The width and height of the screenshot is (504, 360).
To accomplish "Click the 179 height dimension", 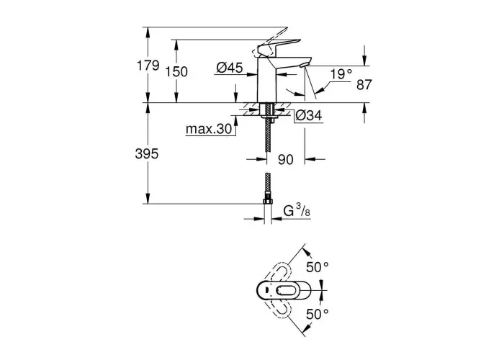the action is tap(148, 66).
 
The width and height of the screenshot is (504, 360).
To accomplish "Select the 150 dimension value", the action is tap(176, 72).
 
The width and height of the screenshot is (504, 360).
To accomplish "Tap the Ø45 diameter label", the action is tap(230, 68).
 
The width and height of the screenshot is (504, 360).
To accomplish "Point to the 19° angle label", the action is tap(342, 75).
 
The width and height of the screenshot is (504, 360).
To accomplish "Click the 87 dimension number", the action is tap(364, 85).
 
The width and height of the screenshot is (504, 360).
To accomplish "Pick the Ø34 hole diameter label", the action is tap(309, 115).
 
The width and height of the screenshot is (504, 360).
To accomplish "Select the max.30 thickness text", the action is tap(209, 129).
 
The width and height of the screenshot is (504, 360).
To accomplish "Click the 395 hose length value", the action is tap(147, 154).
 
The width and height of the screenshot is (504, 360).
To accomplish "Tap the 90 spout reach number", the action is tap(286, 160).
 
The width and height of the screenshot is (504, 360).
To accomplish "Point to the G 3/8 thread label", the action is tap(297, 211).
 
